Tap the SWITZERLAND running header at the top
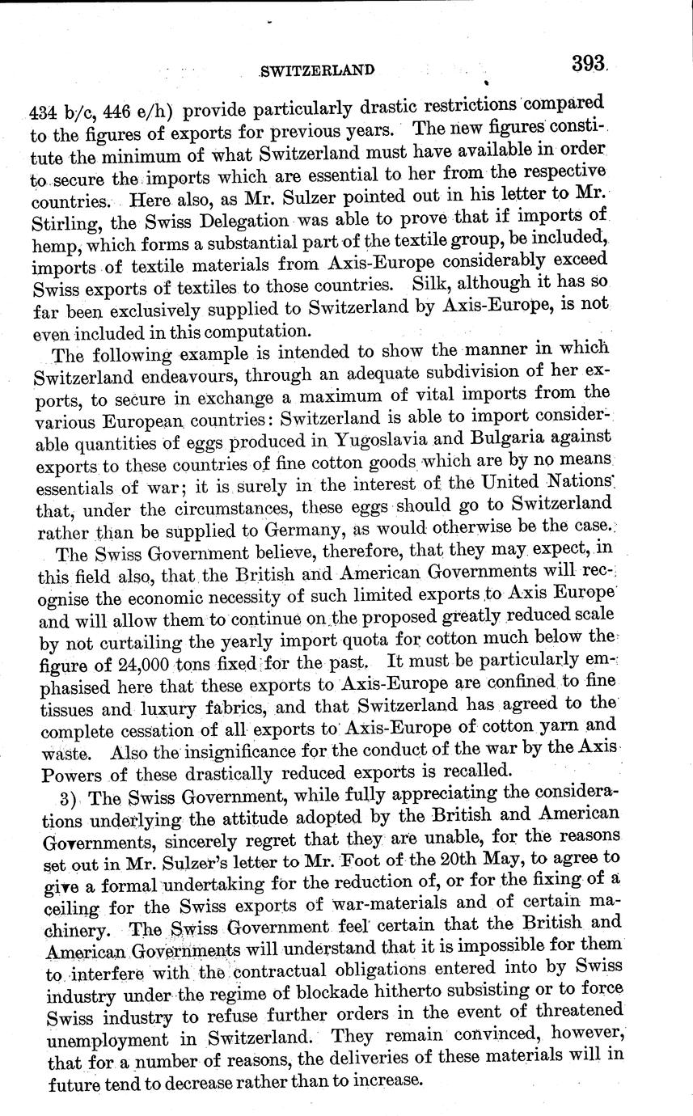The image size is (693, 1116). click(317, 70)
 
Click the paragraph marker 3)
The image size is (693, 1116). click(70, 798)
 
